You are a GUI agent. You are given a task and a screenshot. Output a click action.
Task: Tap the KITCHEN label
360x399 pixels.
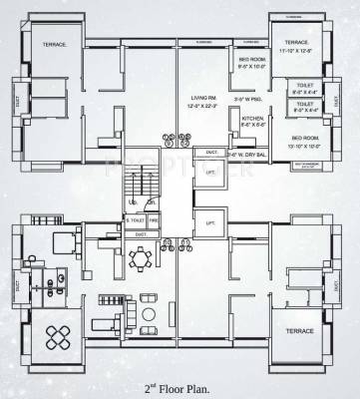click(x=253, y=117)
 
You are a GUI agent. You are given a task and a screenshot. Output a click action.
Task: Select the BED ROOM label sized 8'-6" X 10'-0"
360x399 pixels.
click(x=253, y=60)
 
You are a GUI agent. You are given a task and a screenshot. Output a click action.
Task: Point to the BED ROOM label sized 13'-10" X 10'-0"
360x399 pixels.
click(x=306, y=138)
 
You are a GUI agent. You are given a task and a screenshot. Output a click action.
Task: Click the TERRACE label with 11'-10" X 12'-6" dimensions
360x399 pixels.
click(x=295, y=43)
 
